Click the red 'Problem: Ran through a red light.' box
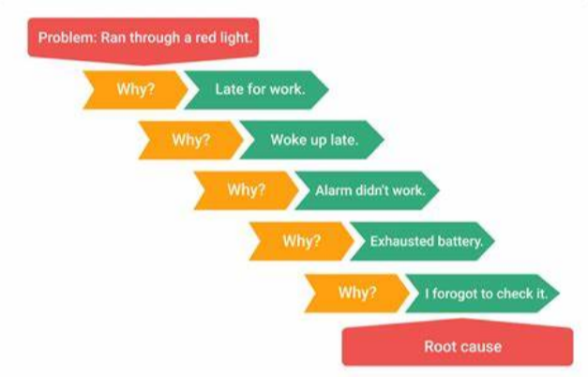143,40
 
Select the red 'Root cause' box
458,342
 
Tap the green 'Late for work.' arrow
257,90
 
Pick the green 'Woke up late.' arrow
311,140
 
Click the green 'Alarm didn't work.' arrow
367,190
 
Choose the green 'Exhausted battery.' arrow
422,241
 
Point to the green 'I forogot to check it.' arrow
483,293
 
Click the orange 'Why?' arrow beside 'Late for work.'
135,90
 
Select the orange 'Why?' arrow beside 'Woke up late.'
191,140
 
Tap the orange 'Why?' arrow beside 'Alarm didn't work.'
247,190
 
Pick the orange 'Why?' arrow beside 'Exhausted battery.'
302,241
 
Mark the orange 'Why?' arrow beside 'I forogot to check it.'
357,293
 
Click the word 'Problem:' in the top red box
68,38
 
